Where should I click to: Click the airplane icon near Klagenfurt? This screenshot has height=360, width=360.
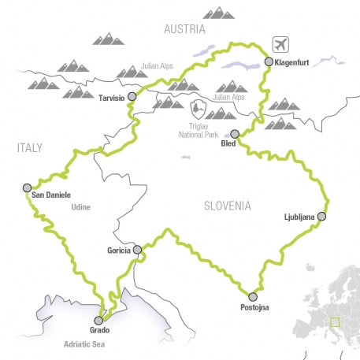[280, 43]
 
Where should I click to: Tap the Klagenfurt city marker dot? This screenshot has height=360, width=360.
[269, 61]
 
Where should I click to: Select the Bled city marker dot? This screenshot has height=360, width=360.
[234, 133]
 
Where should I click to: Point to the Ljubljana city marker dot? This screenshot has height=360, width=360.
[321, 216]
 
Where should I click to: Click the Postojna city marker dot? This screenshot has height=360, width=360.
[253, 296]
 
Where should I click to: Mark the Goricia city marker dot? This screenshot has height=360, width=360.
[138, 250]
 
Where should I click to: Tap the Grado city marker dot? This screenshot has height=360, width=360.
[98, 320]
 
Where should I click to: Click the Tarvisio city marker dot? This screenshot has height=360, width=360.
[132, 96]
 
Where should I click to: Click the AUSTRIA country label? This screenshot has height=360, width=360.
[184, 29]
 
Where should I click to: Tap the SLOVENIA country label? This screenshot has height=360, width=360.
[227, 206]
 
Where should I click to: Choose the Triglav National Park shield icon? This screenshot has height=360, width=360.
[198, 106]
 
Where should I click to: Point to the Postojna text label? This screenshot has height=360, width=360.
[252, 308]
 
